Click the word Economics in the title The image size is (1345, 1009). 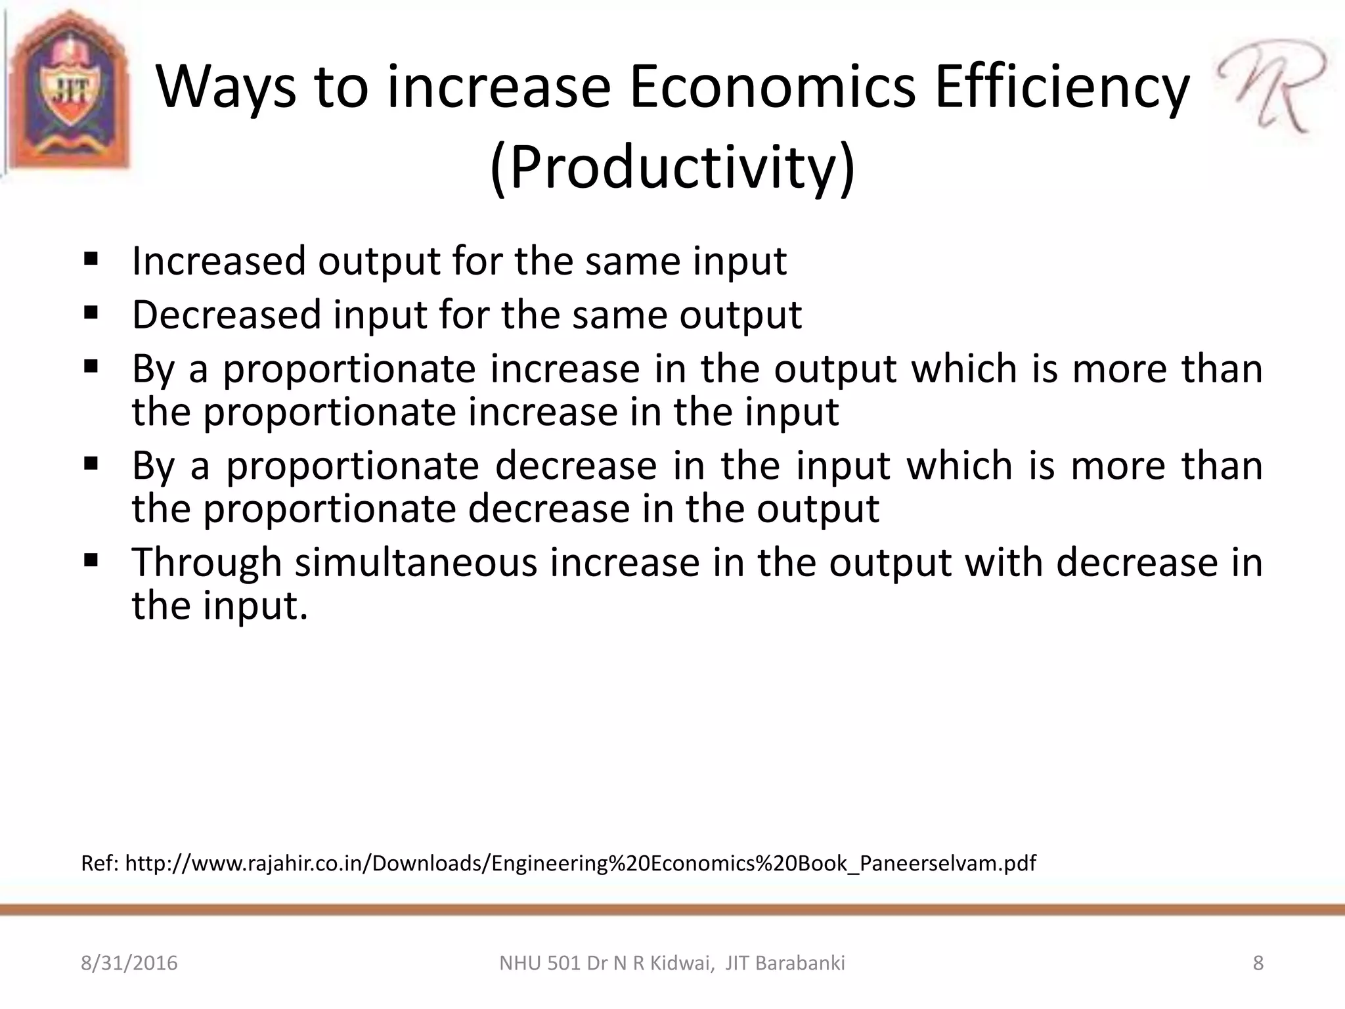[772, 88]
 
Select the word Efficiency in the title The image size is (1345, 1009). [1062, 88]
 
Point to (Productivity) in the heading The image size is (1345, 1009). [672, 167]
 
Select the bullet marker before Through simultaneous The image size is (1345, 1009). [91, 560]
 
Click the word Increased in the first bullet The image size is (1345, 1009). [219, 261]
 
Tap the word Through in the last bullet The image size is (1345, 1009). [206, 563]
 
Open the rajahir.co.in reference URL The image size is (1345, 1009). [580, 863]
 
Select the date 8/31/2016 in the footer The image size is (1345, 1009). [129, 963]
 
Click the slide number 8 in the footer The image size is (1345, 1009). [1258, 963]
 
